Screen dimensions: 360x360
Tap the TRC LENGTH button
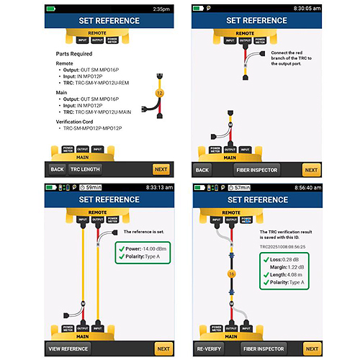tap(84, 169)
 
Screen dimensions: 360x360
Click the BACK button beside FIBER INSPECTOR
tap(202, 171)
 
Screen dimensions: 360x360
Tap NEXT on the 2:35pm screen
tap(161, 169)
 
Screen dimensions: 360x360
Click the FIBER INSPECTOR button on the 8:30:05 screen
tap(256, 171)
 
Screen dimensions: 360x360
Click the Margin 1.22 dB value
tap(292, 269)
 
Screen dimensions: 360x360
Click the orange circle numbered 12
tap(160, 93)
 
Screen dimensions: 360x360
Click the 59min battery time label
tap(94, 186)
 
